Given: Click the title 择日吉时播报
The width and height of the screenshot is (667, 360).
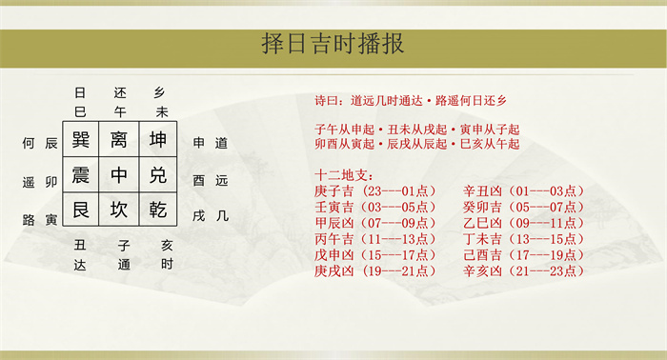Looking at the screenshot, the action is [x=333, y=44].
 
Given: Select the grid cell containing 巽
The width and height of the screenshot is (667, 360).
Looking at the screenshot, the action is [x=81, y=139].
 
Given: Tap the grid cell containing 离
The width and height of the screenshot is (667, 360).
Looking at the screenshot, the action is [x=119, y=139].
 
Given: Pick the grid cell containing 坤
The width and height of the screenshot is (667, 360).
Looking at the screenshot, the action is [x=158, y=139].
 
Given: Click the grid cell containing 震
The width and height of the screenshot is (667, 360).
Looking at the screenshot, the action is [x=81, y=174].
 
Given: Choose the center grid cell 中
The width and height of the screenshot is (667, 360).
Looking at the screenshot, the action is [x=119, y=174].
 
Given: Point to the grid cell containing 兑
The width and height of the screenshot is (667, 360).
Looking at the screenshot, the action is [x=158, y=174].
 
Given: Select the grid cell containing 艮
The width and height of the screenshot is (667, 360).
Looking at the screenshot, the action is [x=81, y=210].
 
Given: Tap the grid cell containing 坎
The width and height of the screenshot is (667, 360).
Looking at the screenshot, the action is [x=119, y=210].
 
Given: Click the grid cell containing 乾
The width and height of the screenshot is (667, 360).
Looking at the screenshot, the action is [x=158, y=210].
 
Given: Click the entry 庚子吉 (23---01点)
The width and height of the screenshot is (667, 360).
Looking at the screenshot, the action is [x=375, y=190].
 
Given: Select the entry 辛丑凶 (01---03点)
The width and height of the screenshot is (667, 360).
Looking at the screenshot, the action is [x=524, y=190].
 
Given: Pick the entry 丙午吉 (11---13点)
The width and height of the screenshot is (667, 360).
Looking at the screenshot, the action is [x=375, y=239].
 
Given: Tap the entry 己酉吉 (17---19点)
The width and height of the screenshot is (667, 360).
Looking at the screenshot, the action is [x=524, y=255].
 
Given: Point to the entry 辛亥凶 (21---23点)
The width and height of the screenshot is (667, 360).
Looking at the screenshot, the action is [x=524, y=270].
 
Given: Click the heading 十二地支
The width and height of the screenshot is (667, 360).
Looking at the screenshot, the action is [x=344, y=174].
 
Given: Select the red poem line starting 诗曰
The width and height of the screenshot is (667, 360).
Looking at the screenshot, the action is [x=411, y=101].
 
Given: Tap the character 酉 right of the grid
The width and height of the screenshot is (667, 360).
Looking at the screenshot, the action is [x=198, y=181].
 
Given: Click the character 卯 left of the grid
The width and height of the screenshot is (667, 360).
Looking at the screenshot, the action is [x=51, y=182].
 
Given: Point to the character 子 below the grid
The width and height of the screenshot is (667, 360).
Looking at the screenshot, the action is [x=124, y=246].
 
